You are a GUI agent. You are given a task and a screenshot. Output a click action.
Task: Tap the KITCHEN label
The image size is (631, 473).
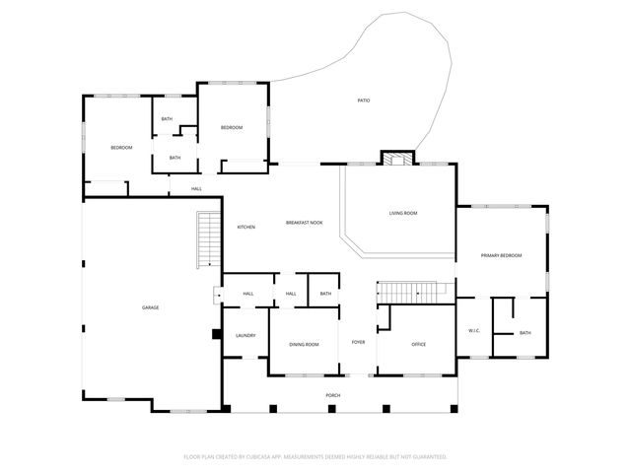pos(245,228)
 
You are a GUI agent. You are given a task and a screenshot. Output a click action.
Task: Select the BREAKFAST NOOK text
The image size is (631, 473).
pos(305,223)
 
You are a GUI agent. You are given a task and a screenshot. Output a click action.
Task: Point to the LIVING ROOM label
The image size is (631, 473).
pos(402,213)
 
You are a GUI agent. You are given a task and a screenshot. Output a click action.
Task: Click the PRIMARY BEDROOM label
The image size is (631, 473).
pos(501,255)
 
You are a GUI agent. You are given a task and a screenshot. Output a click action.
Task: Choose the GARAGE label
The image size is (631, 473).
pos(150,307)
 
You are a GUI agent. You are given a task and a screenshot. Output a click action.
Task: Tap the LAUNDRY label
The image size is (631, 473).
pos(245,335)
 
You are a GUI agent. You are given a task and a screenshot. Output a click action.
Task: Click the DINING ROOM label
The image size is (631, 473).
pos(304,345)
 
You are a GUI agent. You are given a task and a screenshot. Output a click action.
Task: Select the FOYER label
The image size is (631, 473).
pos(358,342)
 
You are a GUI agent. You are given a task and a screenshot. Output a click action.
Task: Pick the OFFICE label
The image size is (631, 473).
pos(417,344)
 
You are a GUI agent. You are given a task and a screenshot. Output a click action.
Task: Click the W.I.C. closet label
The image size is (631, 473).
pos(473,330)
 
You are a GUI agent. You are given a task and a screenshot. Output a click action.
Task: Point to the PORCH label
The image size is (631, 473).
pos(333,395)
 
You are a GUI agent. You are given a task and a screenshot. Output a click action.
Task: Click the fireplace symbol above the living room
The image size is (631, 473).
pos(398,159)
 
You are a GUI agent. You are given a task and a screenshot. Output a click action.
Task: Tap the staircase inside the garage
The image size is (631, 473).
pos(208,239)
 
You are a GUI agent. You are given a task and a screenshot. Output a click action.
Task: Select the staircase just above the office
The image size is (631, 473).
pos(408,292)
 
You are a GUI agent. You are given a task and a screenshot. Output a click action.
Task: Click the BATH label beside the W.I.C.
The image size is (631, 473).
pos(525,333)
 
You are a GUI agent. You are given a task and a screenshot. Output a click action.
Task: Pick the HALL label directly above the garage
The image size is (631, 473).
pos(196,188)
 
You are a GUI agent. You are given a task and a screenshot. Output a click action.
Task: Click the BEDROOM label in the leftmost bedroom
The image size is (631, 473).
pos(121,148)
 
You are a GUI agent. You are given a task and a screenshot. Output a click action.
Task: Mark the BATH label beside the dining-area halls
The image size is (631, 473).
pos(325,294)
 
